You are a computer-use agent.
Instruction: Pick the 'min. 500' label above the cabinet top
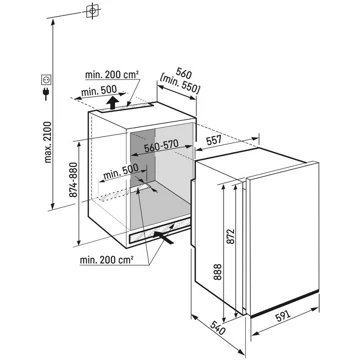click(x=101, y=88)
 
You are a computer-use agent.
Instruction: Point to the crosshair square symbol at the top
click(x=92, y=13)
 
